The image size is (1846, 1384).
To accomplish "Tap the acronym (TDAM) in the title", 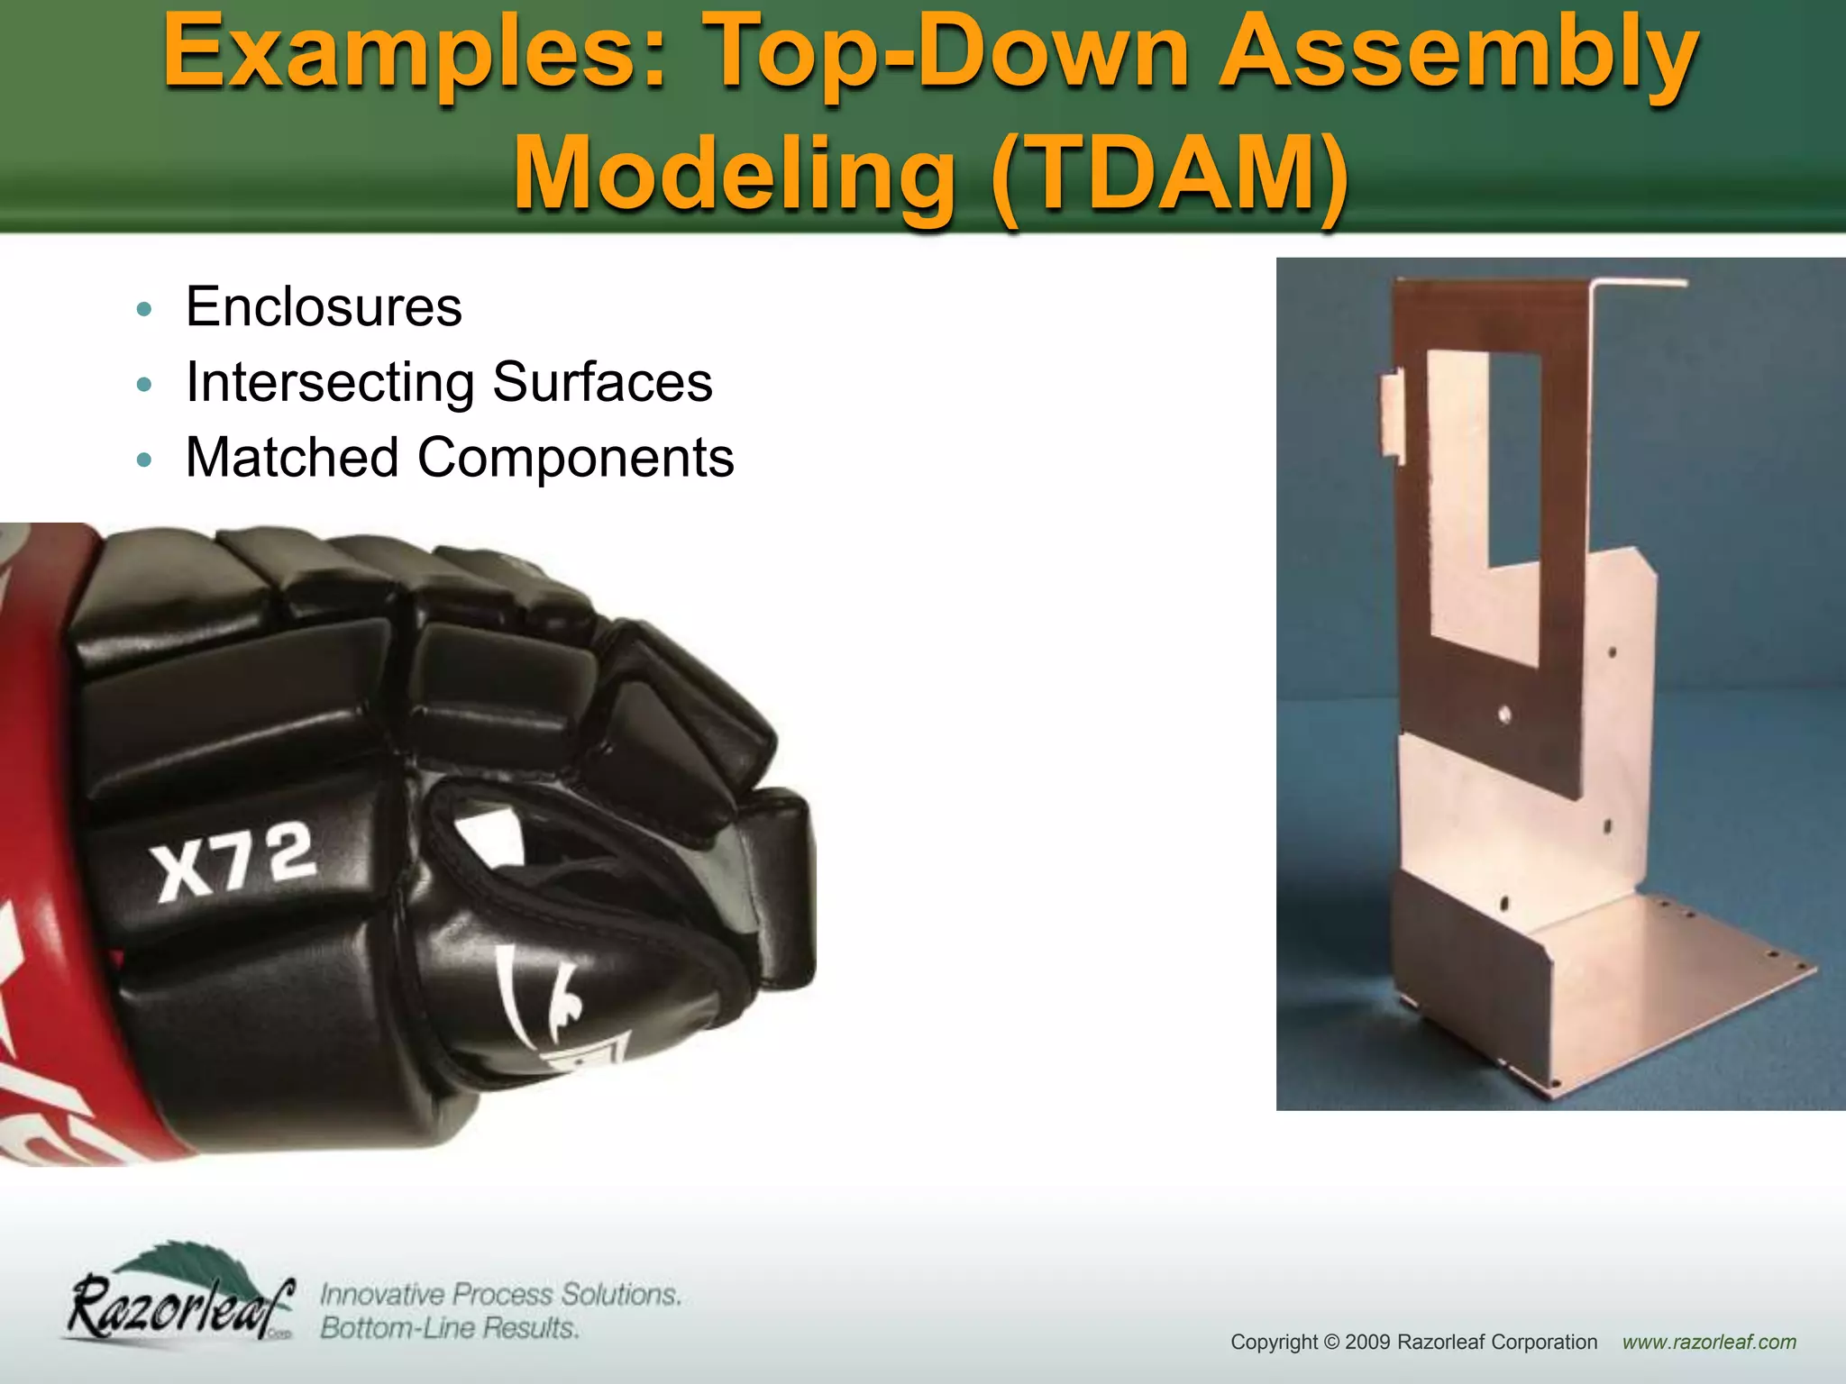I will point(1169,173).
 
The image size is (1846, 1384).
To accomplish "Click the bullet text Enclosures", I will point(324,307).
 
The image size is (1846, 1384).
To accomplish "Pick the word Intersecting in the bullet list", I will point(329,383).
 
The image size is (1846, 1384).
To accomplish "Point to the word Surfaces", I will point(602,383).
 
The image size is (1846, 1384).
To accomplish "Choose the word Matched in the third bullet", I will point(292,458).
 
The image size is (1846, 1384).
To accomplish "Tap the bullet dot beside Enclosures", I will point(144,310).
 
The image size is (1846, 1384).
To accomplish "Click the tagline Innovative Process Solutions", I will point(500,1295).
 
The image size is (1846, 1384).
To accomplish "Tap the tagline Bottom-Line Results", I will point(449,1328).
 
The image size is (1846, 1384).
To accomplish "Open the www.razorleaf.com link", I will point(1709,1343).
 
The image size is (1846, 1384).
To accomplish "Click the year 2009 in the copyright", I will point(1368,1343).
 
